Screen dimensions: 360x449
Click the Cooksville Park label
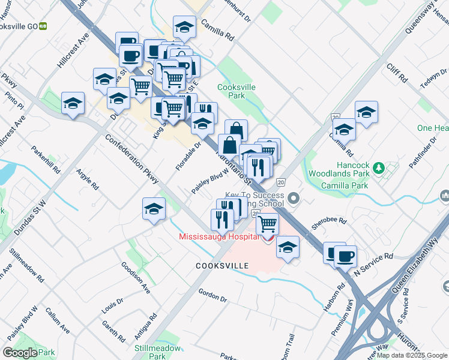tap(236, 91)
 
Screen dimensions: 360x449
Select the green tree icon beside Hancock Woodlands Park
tap(378, 167)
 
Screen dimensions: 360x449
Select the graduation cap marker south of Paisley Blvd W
tap(154, 209)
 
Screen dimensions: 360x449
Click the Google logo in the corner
tap(20, 352)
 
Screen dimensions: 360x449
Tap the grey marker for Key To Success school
tap(294, 197)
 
